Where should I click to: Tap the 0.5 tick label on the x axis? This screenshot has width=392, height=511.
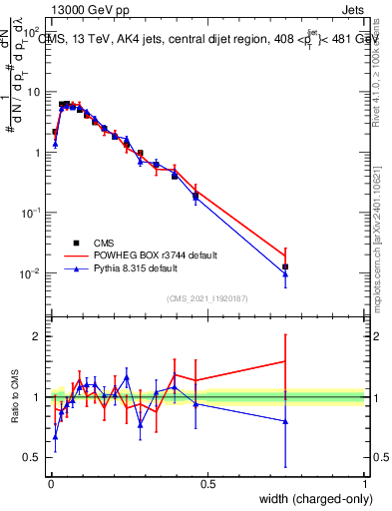[207, 483]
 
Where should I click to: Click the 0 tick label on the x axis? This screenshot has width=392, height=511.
[50, 483]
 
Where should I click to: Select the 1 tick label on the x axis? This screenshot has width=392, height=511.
[364, 483]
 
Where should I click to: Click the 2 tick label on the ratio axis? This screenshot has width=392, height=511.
[38, 336]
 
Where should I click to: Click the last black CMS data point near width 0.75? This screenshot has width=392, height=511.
[285, 266]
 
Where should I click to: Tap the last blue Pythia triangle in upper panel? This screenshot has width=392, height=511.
[285, 273]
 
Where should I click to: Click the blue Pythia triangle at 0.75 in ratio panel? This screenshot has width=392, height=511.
[285, 421]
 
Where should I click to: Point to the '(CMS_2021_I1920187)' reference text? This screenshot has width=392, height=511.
[206, 297]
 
